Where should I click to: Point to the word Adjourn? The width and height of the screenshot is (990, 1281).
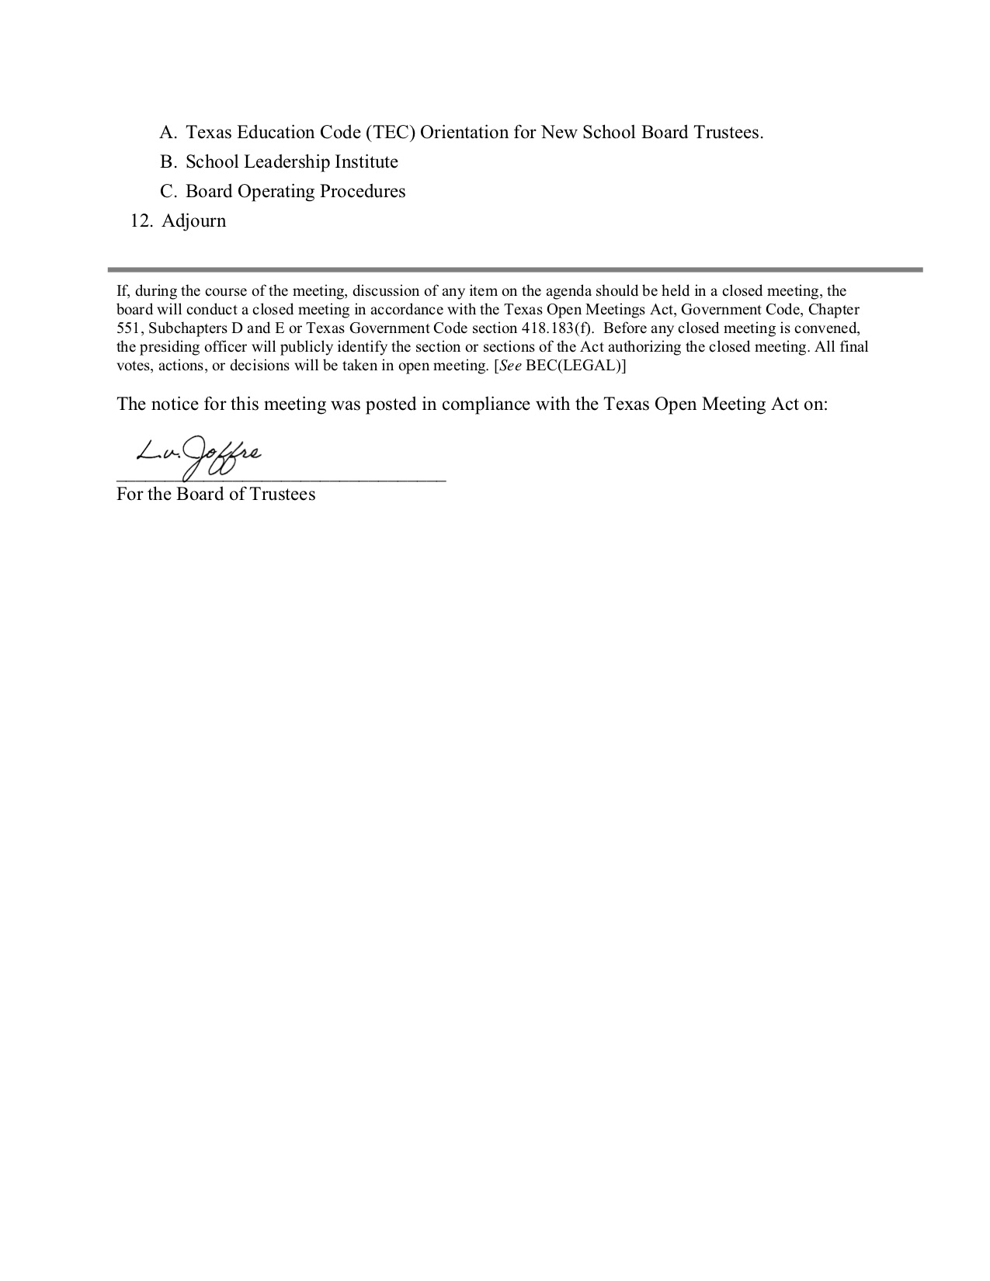pos(194,221)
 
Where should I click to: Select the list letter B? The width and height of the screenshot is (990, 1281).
pos(168,162)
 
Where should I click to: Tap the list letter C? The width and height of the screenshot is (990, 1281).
pos(168,192)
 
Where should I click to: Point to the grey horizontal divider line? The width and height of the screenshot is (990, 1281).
pos(515,269)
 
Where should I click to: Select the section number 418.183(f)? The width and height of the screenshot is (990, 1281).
pos(552,328)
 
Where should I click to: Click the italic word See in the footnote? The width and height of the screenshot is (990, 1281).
pos(509,366)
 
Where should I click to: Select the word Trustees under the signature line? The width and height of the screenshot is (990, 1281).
pos(283,495)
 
